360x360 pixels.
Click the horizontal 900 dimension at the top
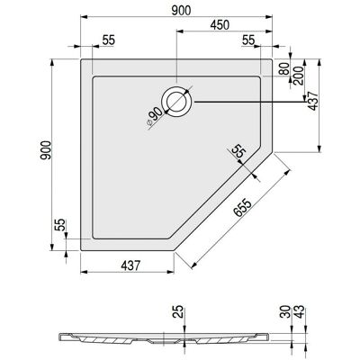pyautogui.click(x=181, y=11)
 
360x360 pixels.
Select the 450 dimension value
pyautogui.click(x=220, y=25)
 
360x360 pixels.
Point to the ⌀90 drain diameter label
pyautogui.click(x=154, y=118)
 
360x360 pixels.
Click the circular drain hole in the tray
pyautogui.click(x=176, y=101)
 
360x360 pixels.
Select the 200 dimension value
pyautogui.click(x=299, y=76)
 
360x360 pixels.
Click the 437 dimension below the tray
pyautogui.click(x=130, y=265)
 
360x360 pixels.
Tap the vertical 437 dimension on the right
pyautogui.click(x=313, y=101)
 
